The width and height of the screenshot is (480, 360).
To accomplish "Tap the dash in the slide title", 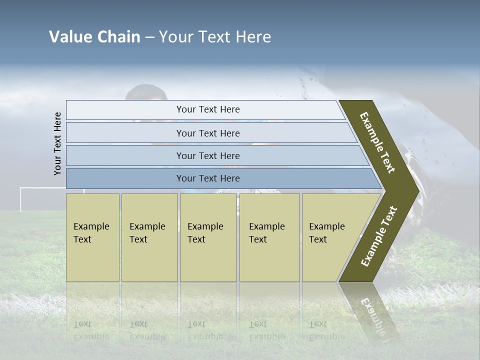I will pyautogui.click(x=149, y=37).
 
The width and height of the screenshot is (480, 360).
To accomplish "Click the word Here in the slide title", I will pyautogui.click(x=253, y=37).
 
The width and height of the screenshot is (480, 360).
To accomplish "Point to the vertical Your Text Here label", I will pyautogui.click(x=57, y=143).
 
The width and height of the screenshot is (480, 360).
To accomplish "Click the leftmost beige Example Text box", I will pyautogui.click(x=92, y=237).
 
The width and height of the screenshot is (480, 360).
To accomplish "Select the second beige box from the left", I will pyautogui.click(x=149, y=237).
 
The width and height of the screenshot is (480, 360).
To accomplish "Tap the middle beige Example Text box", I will pyautogui.click(x=208, y=237).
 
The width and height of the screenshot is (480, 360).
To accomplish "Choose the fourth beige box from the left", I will pyautogui.click(x=269, y=237).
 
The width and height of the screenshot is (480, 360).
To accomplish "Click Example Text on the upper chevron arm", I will pyautogui.click(x=377, y=142).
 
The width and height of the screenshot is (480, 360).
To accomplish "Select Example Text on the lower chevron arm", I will pyautogui.click(x=379, y=236).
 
